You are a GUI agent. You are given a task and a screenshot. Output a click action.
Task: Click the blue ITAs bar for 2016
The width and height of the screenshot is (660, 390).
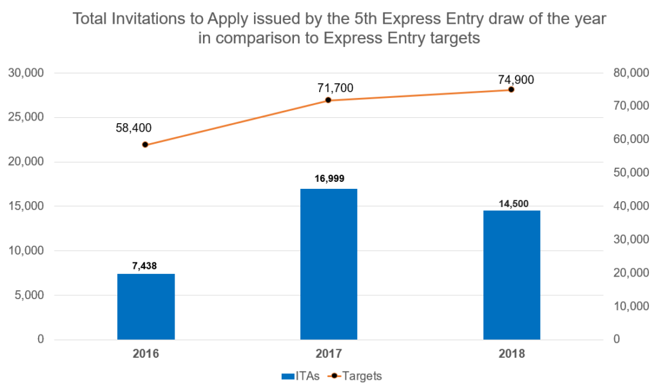[x=146, y=306]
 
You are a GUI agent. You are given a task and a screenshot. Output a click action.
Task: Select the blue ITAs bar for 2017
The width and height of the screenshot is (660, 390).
[x=329, y=264]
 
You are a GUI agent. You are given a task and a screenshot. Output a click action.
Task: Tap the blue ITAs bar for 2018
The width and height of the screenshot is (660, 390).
[x=512, y=275]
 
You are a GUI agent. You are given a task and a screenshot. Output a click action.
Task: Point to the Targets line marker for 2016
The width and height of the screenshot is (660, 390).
[x=145, y=144]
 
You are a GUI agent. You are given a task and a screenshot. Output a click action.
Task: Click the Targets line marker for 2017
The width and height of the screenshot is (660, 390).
[x=328, y=100]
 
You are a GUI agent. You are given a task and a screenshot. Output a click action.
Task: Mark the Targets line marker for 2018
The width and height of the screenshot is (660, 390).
[x=511, y=90]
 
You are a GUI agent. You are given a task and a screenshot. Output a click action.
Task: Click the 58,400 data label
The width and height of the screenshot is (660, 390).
[x=133, y=128]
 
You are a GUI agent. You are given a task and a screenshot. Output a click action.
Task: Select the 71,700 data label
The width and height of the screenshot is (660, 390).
[x=335, y=88]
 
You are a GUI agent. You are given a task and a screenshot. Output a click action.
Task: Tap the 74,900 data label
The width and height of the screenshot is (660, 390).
[x=516, y=80]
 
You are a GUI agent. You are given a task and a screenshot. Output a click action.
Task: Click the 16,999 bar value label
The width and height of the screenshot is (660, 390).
[x=329, y=179]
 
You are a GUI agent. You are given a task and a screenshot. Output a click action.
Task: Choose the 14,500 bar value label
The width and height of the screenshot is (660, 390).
[x=513, y=203]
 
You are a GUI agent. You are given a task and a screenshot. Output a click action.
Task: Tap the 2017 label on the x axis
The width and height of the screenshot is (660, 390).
[x=329, y=354]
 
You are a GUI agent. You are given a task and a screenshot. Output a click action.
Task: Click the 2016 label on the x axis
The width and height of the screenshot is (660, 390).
[x=146, y=354]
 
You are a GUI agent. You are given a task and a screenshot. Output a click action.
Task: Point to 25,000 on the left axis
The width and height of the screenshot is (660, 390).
[x=25, y=117]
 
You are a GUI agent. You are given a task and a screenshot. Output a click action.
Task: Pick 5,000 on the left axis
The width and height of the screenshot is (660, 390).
[x=28, y=295]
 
